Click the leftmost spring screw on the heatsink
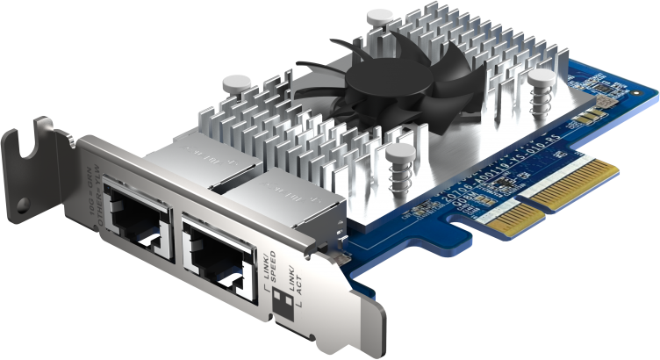[x=235, y=92]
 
